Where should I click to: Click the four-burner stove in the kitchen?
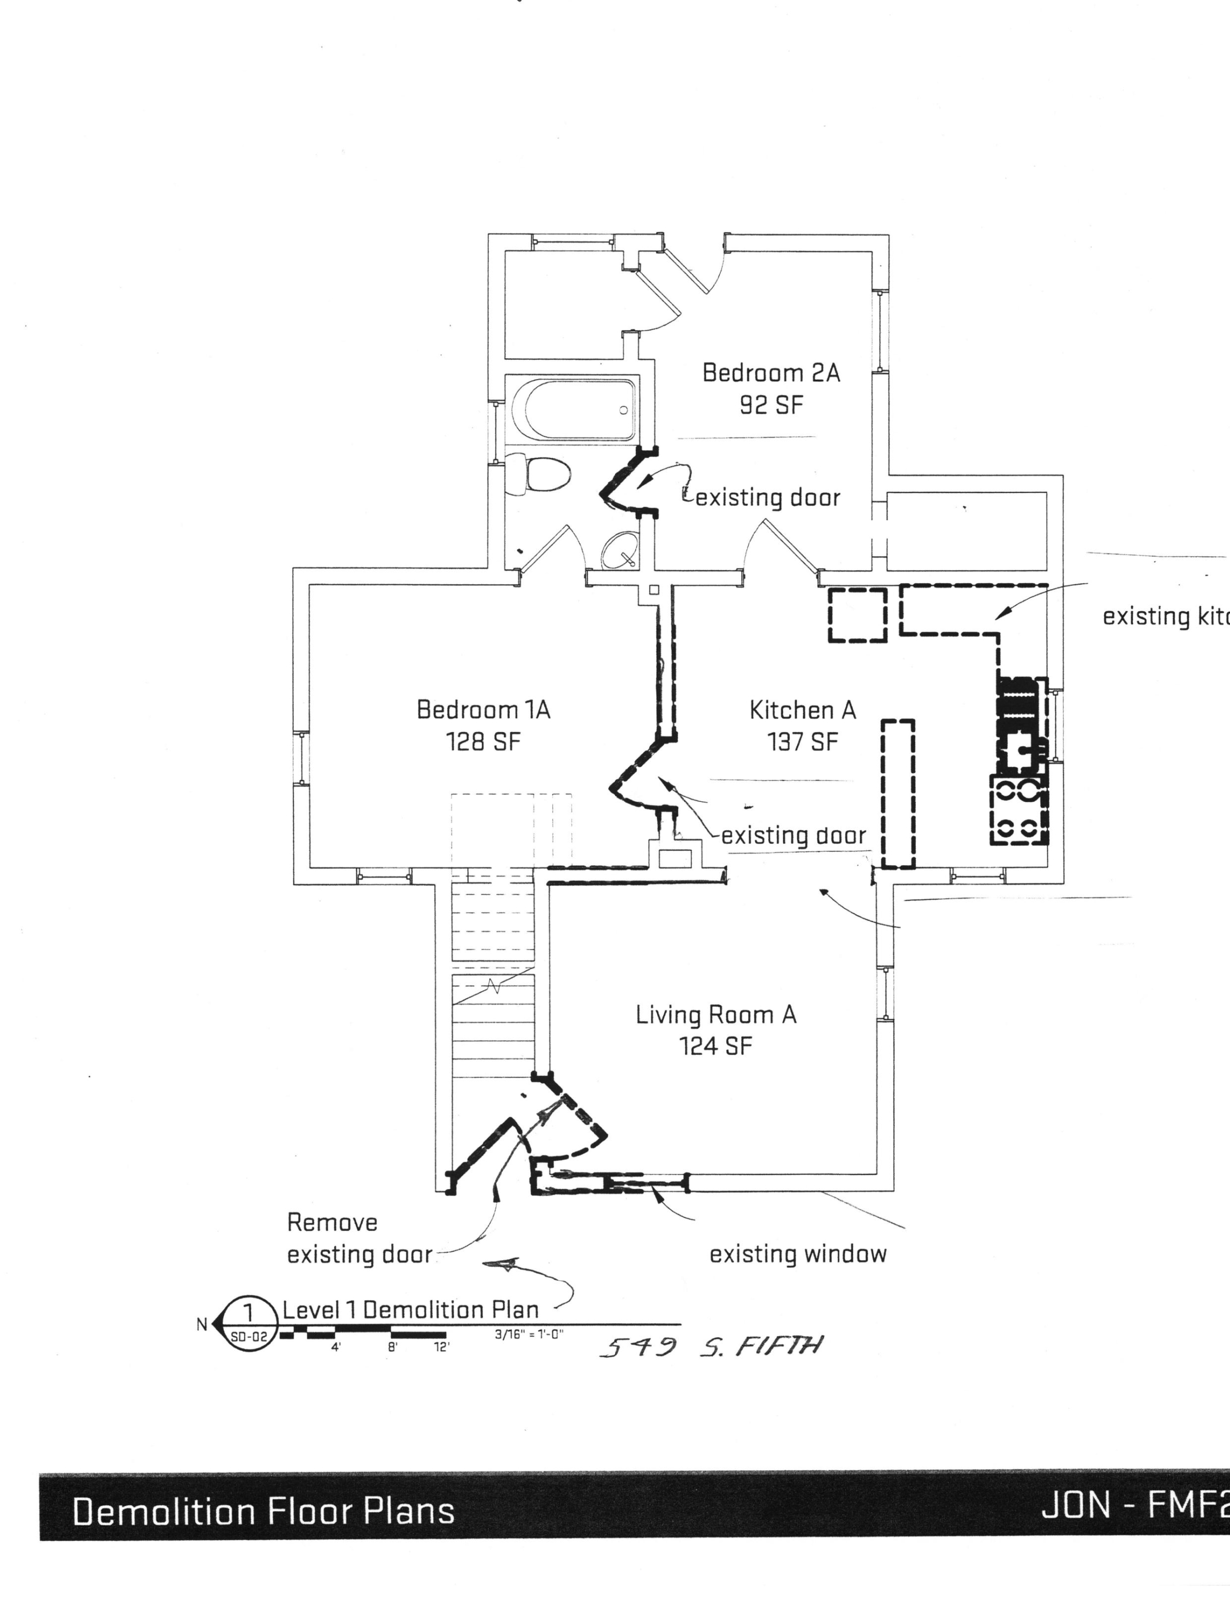click(x=1018, y=809)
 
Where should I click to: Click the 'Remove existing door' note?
click(x=359, y=1238)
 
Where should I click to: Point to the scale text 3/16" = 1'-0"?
click(x=528, y=1335)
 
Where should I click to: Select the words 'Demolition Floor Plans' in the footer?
click(x=263, y=1512)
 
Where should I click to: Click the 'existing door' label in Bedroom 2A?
click(x=767, y=498)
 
